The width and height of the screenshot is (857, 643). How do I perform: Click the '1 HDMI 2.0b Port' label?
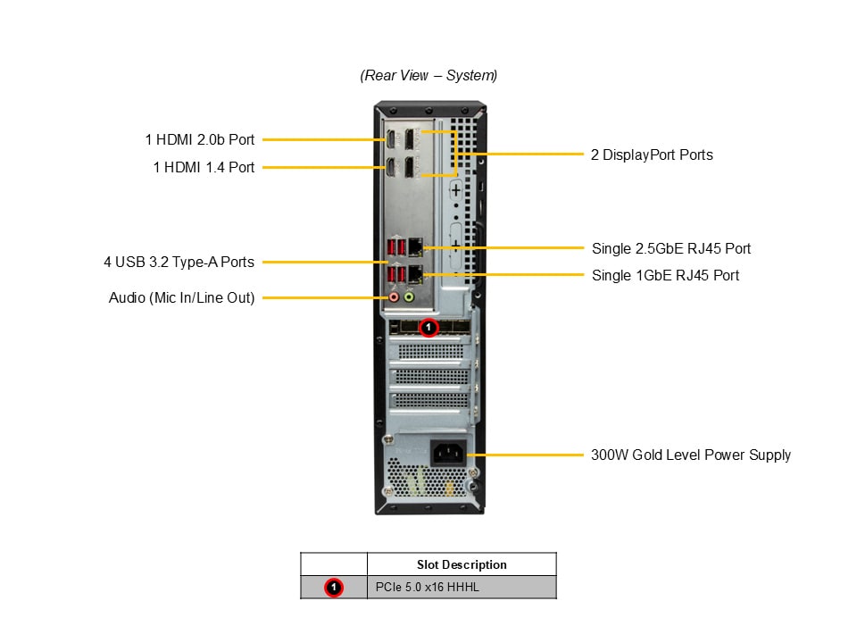200,139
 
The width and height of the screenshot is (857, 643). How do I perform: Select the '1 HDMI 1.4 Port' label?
204,167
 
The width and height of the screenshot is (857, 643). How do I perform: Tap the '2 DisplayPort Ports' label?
652,154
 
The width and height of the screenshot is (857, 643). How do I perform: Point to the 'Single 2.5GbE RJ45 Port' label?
665,248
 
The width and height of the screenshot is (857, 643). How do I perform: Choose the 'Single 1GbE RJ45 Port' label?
665,275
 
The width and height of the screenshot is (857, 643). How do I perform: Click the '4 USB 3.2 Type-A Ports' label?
179,262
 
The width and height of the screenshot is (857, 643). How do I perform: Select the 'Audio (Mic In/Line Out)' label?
181,297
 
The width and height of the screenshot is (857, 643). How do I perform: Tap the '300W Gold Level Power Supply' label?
690,455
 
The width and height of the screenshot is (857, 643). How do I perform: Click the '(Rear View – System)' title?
428,76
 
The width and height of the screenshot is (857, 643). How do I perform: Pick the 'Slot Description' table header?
462,564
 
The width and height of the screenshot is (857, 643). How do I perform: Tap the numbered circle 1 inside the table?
334,587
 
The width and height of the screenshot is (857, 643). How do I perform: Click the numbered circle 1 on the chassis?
428,328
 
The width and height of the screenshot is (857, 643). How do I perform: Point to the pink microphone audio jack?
394,297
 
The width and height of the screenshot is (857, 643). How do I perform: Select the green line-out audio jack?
410,297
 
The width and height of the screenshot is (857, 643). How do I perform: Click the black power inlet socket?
448,453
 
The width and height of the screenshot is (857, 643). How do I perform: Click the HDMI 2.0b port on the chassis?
392,139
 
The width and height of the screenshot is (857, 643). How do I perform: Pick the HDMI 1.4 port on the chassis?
392,167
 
